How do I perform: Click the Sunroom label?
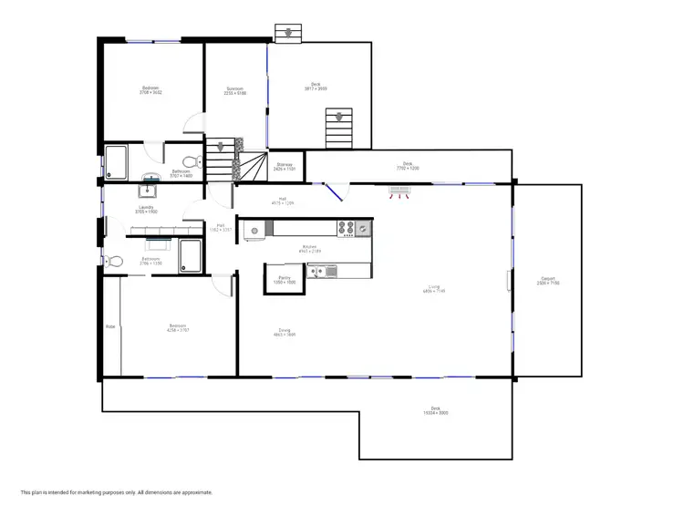[235, 88]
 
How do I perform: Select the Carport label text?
[548, 279]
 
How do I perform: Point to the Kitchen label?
[309, 247]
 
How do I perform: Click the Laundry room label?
[148, 208]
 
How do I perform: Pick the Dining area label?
[285, 331]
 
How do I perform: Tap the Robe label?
[109, 325]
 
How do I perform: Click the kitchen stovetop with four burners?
[347, 228]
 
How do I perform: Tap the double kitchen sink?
[321, 270]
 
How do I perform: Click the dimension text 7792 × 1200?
[407, 166]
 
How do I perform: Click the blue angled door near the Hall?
[334, 192]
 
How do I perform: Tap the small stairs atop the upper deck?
[288, 33]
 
